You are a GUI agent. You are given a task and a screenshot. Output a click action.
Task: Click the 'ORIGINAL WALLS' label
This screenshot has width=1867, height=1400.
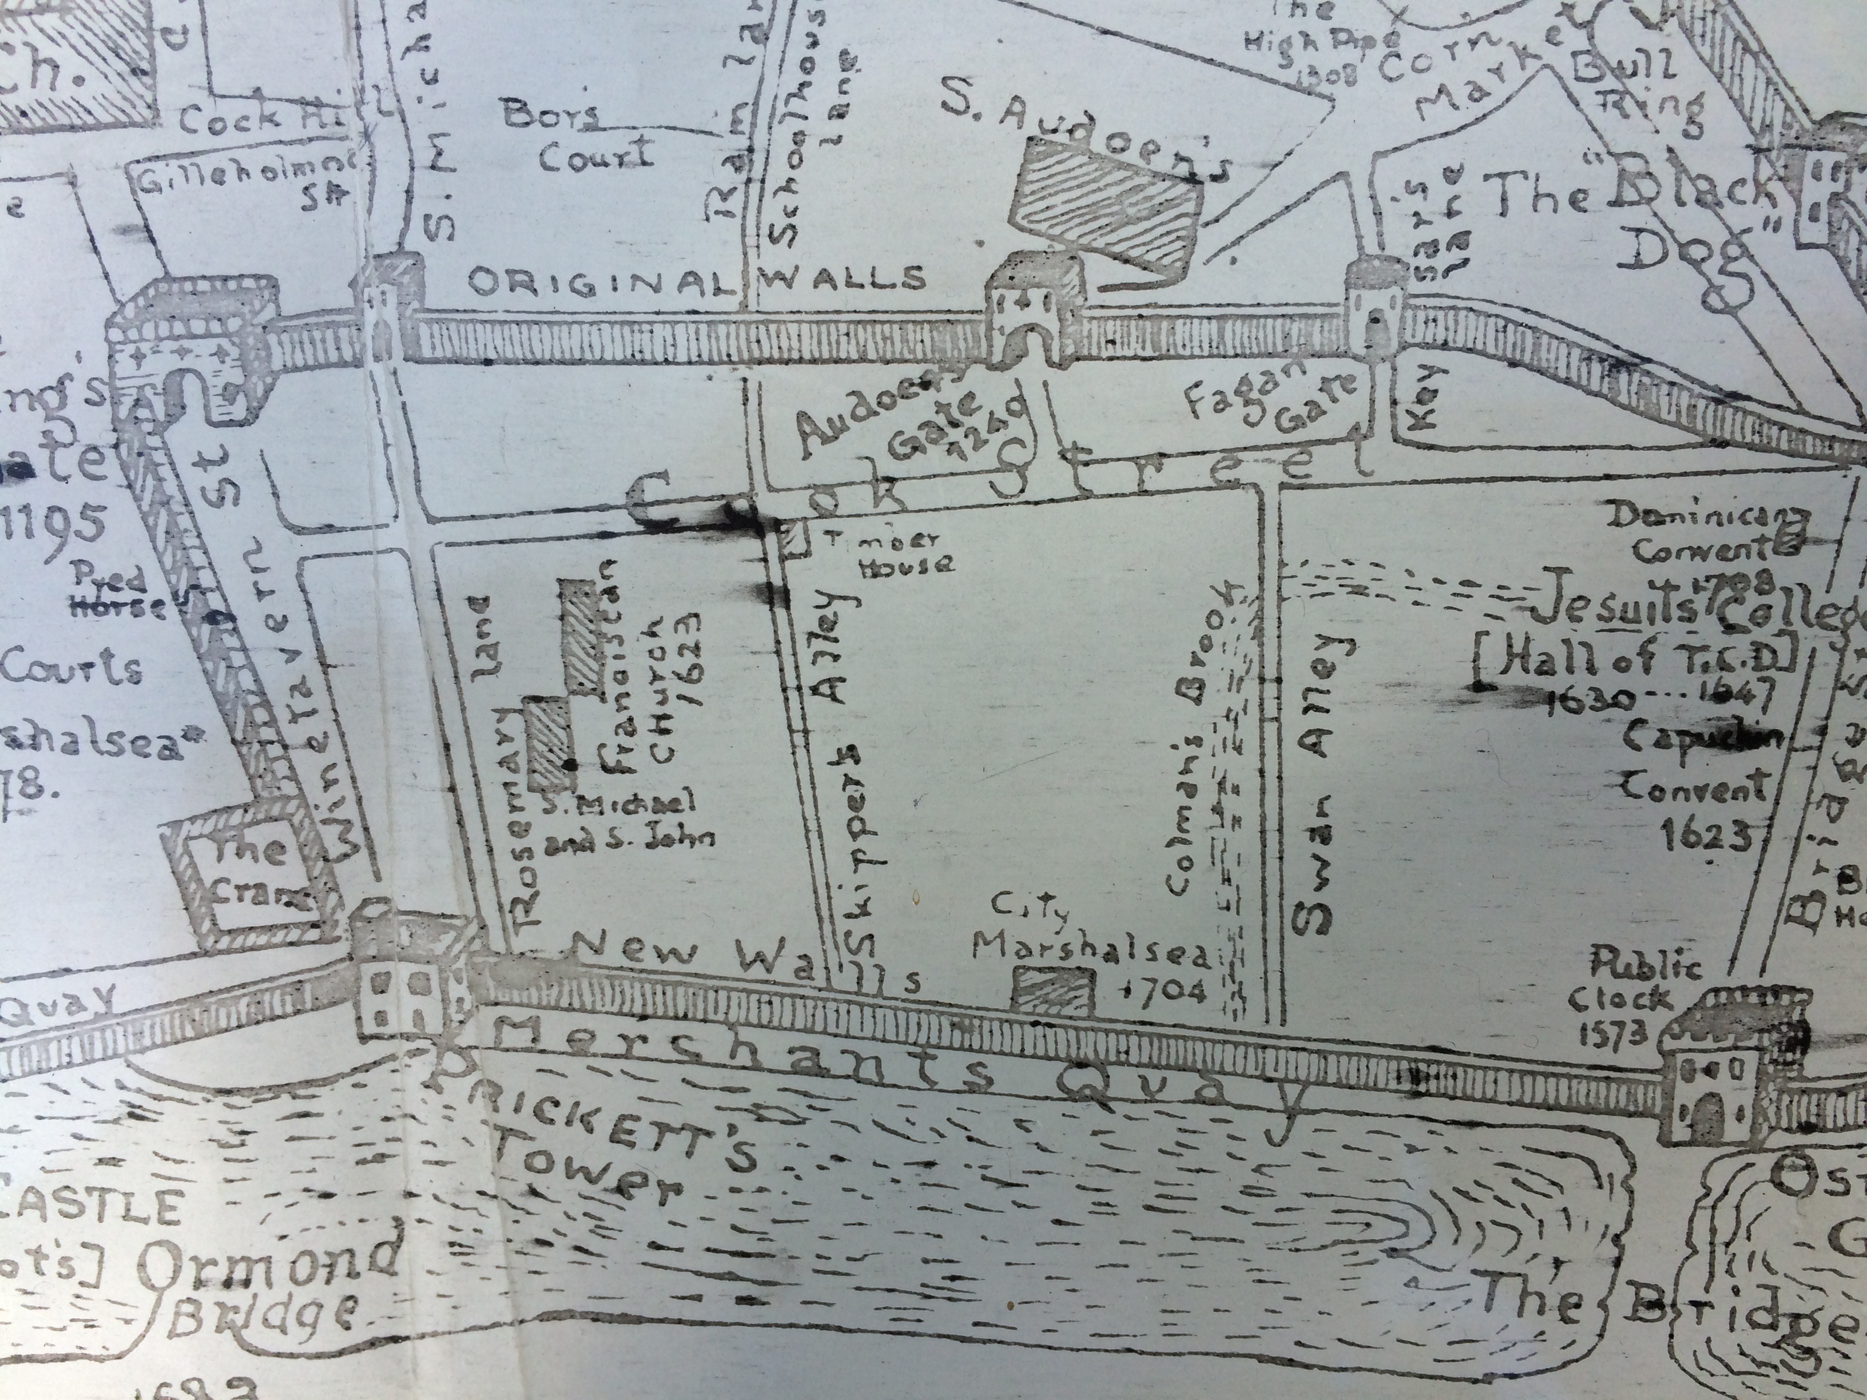696,279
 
